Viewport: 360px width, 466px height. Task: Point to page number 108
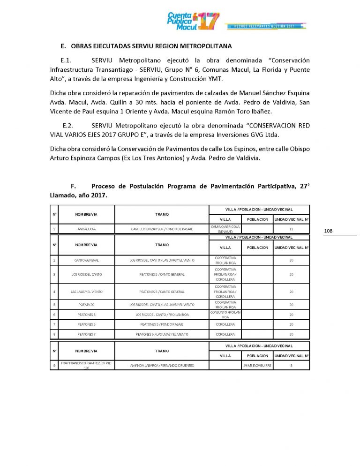[x=328, y=231]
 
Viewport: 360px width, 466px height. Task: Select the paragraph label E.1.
[x=68, y=61]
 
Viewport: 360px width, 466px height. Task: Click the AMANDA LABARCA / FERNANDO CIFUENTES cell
[x=162, y=365]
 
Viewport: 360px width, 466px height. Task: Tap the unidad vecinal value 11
[x=291, y=229]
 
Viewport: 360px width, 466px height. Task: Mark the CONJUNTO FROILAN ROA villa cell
[x=225, y=315]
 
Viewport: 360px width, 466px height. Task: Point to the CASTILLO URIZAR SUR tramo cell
[x=162, y=229]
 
